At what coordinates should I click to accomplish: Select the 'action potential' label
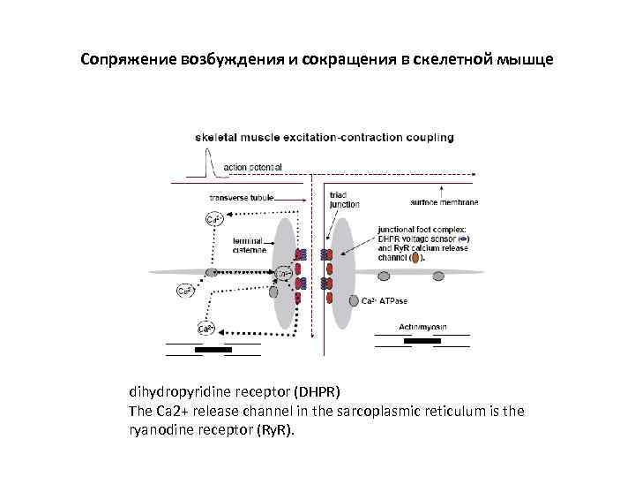pos(253,166)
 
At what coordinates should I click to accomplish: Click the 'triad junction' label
pos(344,200)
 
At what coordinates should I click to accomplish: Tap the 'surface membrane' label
pos(444,202)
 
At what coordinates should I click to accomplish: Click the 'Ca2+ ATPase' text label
pos(385,300)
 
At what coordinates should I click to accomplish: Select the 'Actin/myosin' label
pos(422,326)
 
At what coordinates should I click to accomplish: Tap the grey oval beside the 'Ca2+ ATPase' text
pos(354,300)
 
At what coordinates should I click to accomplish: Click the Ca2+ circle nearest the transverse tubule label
pos(213,218)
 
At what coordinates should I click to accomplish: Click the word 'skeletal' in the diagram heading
pos(217,137)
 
